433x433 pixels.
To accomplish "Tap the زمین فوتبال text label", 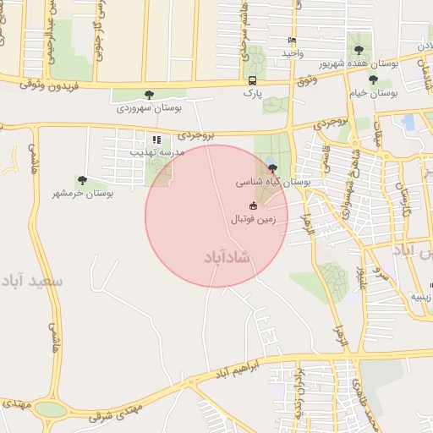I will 260,218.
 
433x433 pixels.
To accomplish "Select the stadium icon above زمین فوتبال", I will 253,206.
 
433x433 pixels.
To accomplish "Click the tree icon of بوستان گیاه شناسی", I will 271,169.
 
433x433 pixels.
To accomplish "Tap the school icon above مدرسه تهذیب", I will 156,140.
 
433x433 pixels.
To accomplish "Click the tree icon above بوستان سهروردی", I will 150,96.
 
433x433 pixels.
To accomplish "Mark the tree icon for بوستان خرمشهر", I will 82,180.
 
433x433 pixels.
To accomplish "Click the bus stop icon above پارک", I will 252,80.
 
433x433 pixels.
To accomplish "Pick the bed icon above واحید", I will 293,40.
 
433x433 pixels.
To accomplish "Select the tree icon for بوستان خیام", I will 373,79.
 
